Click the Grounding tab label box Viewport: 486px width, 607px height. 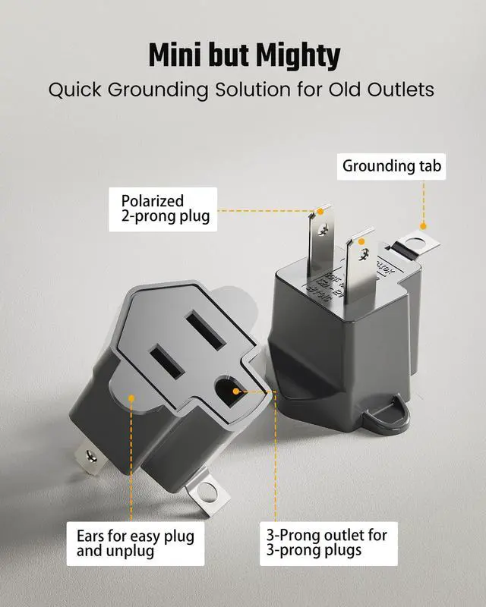pyautogui.click(x=393, y=166)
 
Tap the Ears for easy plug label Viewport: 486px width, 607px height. pyautogui.click(x=135, y=543)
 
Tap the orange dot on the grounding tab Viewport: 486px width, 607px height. pyautogui.click(x=424, y=225)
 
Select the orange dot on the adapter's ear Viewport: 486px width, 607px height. pyautogui.click(x=131, y=397)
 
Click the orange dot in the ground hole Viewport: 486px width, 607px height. pyautogui.click(x=236, y=391)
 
